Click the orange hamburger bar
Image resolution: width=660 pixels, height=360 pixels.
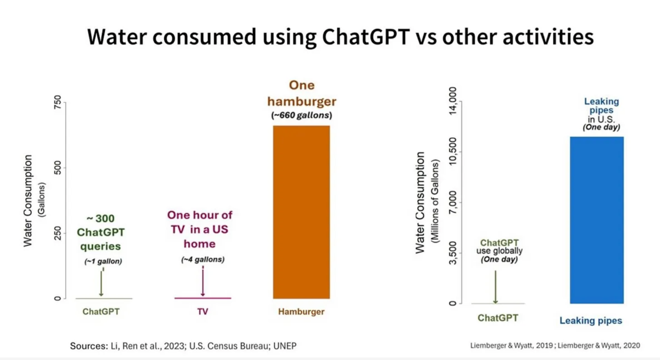(301, 212)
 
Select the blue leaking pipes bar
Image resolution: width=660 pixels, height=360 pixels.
(597, 220)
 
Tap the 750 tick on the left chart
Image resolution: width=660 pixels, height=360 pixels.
(58, 102)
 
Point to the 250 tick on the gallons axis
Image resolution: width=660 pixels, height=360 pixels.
(58, 233)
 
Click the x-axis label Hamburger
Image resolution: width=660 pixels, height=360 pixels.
(301, 312)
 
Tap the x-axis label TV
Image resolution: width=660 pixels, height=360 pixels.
(203, 312)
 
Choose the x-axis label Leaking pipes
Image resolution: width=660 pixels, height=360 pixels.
(590, 321)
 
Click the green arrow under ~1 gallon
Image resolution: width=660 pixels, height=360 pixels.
(101, 283)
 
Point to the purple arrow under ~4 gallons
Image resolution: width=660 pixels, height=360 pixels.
(203, 281)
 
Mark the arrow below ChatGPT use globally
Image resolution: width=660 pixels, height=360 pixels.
(495, 287)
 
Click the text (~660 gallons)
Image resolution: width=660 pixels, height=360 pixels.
(301, 115)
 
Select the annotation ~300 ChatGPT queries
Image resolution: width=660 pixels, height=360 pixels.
(100, 232)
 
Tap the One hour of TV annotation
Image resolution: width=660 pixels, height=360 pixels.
(200, 229)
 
